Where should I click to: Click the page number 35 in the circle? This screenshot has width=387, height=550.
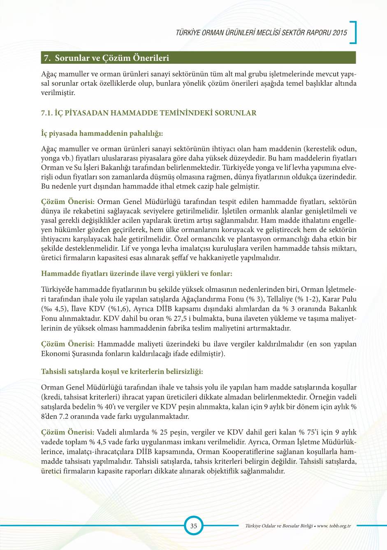(x=193, y=526)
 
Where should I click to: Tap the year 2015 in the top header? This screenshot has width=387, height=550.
(x=340, y=33)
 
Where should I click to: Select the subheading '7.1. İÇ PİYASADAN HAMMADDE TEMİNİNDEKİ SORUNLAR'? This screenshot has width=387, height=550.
(x=148, y=113)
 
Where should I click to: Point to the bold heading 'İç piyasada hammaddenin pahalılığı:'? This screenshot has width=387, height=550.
(x=102, y=133)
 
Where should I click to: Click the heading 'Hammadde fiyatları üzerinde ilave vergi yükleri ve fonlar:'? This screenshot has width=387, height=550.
(x=137, y=274)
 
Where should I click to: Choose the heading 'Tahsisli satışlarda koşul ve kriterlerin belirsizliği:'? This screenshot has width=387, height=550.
(x=122, y=371)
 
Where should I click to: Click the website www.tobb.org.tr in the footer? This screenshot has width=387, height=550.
(x=334, y=526)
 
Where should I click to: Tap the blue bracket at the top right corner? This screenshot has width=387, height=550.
(x=353, y=32)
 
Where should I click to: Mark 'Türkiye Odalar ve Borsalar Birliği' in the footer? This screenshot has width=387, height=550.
(x=279, y=526)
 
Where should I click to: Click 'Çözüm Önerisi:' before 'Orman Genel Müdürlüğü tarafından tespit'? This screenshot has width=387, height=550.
(x=68, y=202)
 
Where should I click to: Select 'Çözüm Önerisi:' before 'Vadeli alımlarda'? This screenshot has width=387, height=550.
(x=68, y=432)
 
